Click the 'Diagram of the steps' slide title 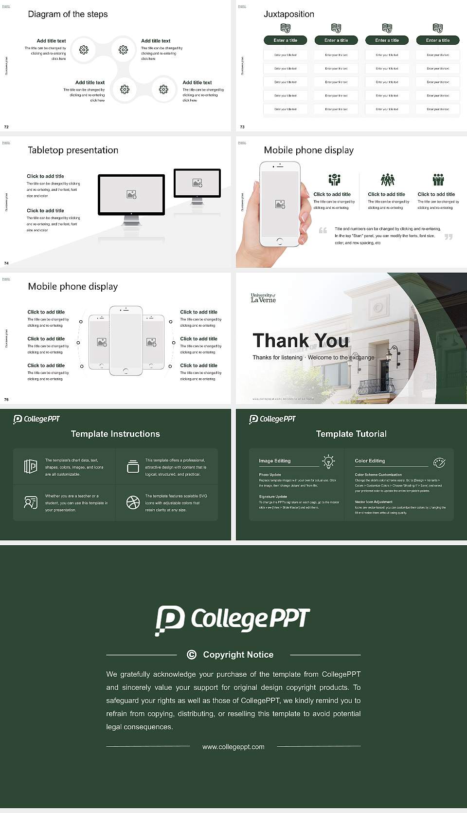coord(68,14)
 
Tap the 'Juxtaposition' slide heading coord(288,14)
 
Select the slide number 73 coord(242,127)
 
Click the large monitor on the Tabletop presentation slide coord(131,195)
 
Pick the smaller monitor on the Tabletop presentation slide coord(197,183)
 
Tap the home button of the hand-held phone coord(279,241)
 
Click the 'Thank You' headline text coord(301,341)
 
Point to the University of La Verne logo coord(263,298)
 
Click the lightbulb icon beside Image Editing coord(328,462)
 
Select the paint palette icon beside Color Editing coord(439,462)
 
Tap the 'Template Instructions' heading coord(115,434)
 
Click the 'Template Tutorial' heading coord(351,434)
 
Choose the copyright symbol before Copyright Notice coord(192,655)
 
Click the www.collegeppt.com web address coord(233,747)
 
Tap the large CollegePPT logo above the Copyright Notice coord(233,620)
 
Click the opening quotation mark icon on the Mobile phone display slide coord(323,230)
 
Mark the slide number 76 coord(6,400)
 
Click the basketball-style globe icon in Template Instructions coord(133,502)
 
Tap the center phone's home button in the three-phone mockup coord(126,371)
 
